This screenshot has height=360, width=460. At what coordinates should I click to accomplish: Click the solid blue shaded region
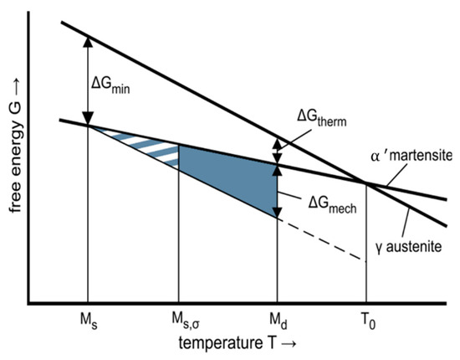[x=230, y=174]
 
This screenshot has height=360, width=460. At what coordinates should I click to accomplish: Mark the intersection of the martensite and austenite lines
[x=366, y=183]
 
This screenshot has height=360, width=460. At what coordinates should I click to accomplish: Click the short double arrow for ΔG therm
[x=277, y=152]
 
